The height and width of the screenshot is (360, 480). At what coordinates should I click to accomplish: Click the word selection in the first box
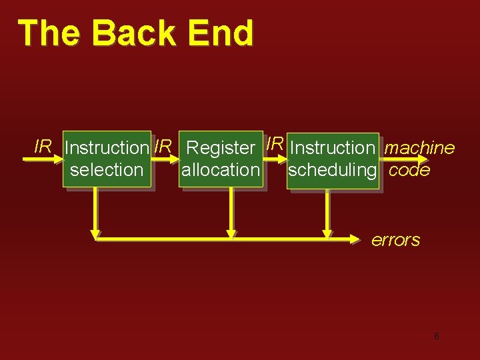(107, 170)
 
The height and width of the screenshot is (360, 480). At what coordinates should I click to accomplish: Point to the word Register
(221, 147)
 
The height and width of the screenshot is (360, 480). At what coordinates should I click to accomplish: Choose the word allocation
(221, 170)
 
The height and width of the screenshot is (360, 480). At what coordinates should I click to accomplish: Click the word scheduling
(332, 170)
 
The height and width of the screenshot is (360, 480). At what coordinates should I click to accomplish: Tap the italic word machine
(420, 147)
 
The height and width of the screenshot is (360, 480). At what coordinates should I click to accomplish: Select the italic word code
(409, 170)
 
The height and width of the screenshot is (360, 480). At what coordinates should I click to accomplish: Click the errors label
(395, 240)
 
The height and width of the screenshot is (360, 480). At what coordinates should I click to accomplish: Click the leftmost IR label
(43, 146)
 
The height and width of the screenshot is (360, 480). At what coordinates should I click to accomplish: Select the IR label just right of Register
(275, 143)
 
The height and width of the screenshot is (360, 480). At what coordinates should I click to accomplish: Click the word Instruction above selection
(107, 147)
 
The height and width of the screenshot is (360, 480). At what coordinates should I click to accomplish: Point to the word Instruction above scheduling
(333, 147)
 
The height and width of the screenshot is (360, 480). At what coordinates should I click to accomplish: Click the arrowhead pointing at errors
(359, 236)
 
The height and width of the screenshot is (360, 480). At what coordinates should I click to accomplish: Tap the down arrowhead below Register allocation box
(231, 233)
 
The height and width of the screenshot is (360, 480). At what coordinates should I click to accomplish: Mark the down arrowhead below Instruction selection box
(95, 233)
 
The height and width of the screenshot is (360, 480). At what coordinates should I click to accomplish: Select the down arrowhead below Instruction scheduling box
(327, 233)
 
